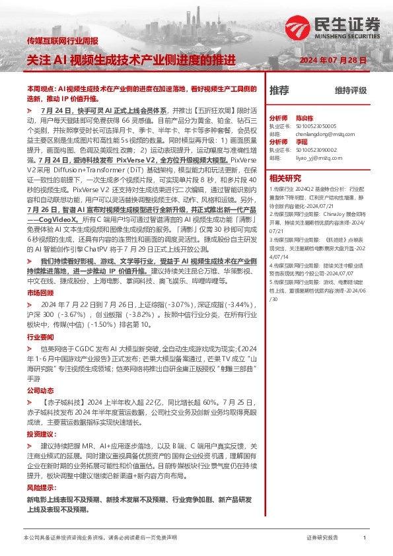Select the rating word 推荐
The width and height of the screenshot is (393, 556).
coord(279,90)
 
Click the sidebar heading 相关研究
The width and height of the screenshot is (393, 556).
coord(285,178)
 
